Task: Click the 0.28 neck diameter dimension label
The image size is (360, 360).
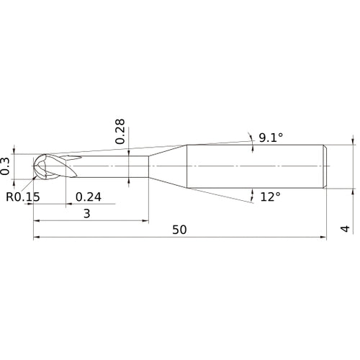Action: [x=120, y=131]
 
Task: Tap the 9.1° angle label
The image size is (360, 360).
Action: [x=271, y=138]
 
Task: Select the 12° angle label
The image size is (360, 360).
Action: [x=270, y=197]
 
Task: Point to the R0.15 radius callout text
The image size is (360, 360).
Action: [x=23, y=197]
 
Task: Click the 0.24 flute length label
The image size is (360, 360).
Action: [x=89, y=197]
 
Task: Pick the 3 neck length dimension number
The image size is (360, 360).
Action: [x=87, y=213]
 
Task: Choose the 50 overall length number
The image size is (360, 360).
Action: [x=179, y=230]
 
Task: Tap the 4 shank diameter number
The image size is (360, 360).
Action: [x=345, y=229]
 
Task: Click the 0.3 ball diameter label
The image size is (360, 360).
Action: [x=5, y=166]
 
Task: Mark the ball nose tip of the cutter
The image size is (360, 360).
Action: [x=34, y=166]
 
